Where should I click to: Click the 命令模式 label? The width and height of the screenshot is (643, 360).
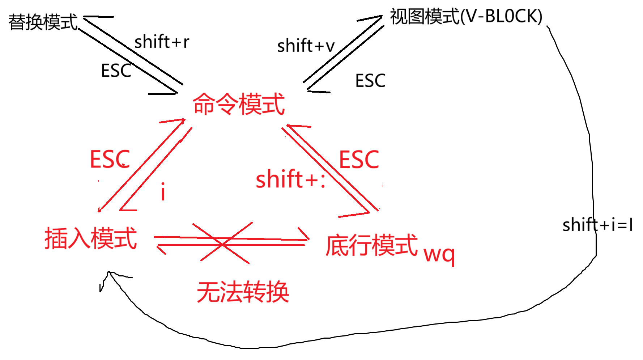point(239,104)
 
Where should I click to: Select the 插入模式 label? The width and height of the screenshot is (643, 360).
point(91,238)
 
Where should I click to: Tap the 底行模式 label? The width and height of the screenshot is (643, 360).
point(371,245)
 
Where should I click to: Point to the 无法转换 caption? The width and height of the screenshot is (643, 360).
point(243,292)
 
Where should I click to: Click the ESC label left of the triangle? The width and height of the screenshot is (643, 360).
point(110,159)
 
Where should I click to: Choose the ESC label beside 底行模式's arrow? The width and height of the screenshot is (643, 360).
point(359,160)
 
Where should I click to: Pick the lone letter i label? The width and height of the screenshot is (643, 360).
point(163,191)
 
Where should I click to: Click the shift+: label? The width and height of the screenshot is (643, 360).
point(290,179)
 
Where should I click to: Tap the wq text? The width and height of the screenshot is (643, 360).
point(439,255)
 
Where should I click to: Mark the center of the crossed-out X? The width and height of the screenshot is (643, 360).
point(222,243)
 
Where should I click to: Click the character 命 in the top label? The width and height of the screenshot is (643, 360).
point(204,104)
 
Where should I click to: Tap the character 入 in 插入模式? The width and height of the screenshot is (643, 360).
point(79,238)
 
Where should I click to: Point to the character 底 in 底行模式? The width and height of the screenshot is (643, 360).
point(337,245)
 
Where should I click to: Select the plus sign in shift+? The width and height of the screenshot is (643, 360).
point(311,180)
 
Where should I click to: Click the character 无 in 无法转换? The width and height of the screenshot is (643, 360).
point(208,292)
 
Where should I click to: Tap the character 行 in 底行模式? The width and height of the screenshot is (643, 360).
point(359,245)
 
